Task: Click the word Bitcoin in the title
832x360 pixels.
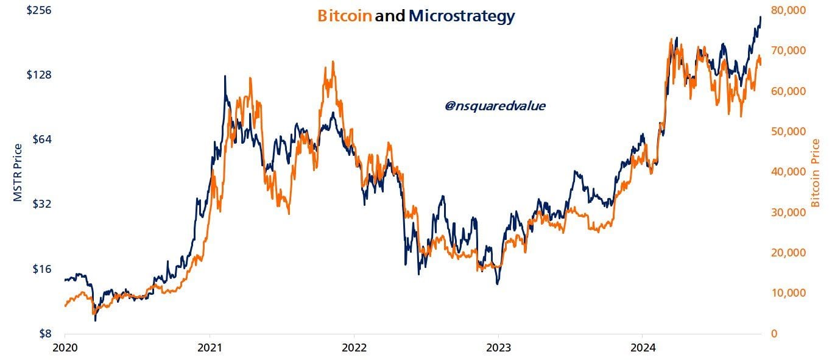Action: tap(344, 16)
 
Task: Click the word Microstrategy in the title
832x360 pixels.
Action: tap(461, 16)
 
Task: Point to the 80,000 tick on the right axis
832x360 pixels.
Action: tap(788, 10)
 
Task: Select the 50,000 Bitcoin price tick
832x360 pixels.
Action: tap(788, 132)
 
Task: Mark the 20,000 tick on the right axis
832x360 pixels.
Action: tap(788, 253)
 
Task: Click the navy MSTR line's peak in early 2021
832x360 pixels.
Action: tap(225, 76)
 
